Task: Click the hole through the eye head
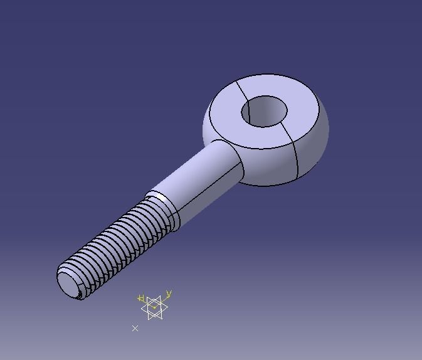pos(264,111)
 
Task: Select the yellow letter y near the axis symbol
pos(169,294)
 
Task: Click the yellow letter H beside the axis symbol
pos(142,299)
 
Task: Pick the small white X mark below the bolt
pos(135,328)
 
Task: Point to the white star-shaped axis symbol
pos(154,307)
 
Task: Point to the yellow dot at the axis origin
pos(154,307)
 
